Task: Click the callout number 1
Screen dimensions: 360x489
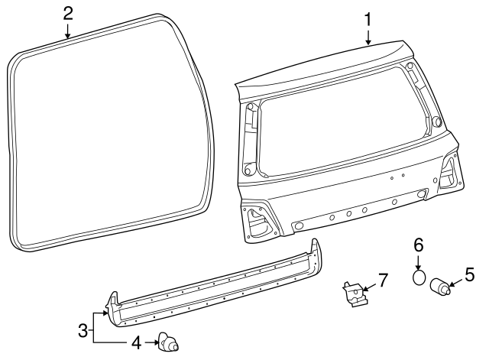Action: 368,17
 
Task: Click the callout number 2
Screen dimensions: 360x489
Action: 68,12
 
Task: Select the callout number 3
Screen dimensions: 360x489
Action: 83,330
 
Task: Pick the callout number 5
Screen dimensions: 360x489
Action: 470,273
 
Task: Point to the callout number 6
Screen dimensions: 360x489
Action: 418,245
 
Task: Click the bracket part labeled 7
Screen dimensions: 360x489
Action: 352,294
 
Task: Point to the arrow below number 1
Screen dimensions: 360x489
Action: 368,36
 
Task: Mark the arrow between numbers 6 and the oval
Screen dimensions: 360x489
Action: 418,262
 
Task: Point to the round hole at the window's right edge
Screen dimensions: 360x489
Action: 436,122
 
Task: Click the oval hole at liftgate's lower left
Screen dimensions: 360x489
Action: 299,225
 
